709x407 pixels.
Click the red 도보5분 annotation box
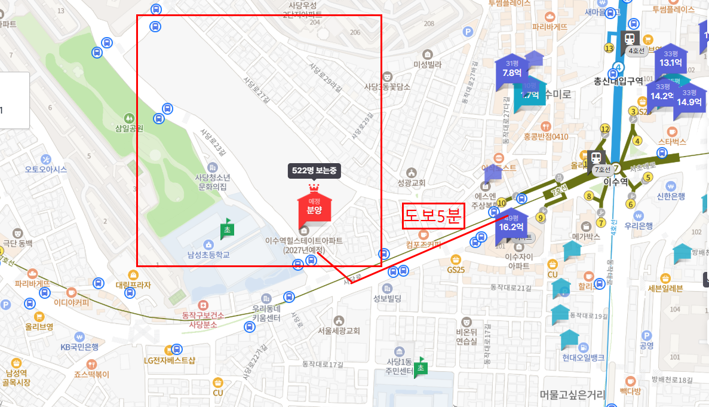click(x=433, y=216)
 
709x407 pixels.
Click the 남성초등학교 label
click(x=208, y=255)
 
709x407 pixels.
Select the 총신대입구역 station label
click(x=618, y=81)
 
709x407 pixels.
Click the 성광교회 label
click(x=411, y=182)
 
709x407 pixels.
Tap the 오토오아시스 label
click(x=46, y=169)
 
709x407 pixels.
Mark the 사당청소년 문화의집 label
click(x=213, y=182)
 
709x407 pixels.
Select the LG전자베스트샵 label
click(x=170, y=360)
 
